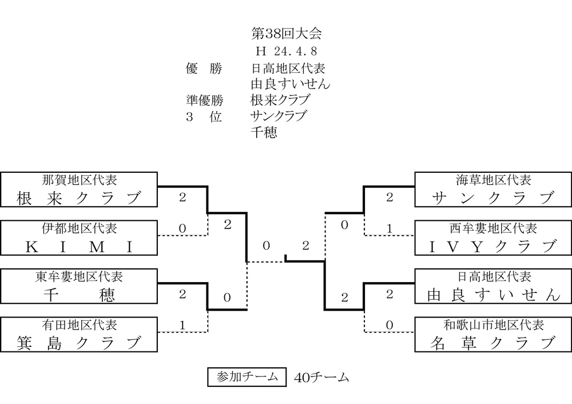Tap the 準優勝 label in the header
pyautogui.click(x=204, y=100)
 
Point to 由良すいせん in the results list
pyautogui.click(x=291, y=84)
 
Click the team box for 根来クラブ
pyautogui.click(x=80, y=190)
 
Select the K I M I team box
pyautogui.click(x=80, y=238)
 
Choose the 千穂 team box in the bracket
pyautogui.click(x=80, y=287)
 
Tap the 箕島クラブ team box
pyautogui.click(x=80, y=335)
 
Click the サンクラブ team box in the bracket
pyautogui.click(x=493, y=190)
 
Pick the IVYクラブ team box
pyautogui.click(x=493, y=238)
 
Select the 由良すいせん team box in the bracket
pyautogui.click(x=493, y=287)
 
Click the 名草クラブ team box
pyautogui.click(x=493, y=335)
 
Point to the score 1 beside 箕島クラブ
pyautogui.click(x=182, y=325)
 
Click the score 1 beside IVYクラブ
pyautogui.click(x=390, y=229)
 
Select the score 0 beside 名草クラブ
pyautogui.click(x=390, y=325)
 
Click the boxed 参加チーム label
pyautogui.click(x=247, y=377)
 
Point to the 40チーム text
pyautogui.click(x=321, y=378)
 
